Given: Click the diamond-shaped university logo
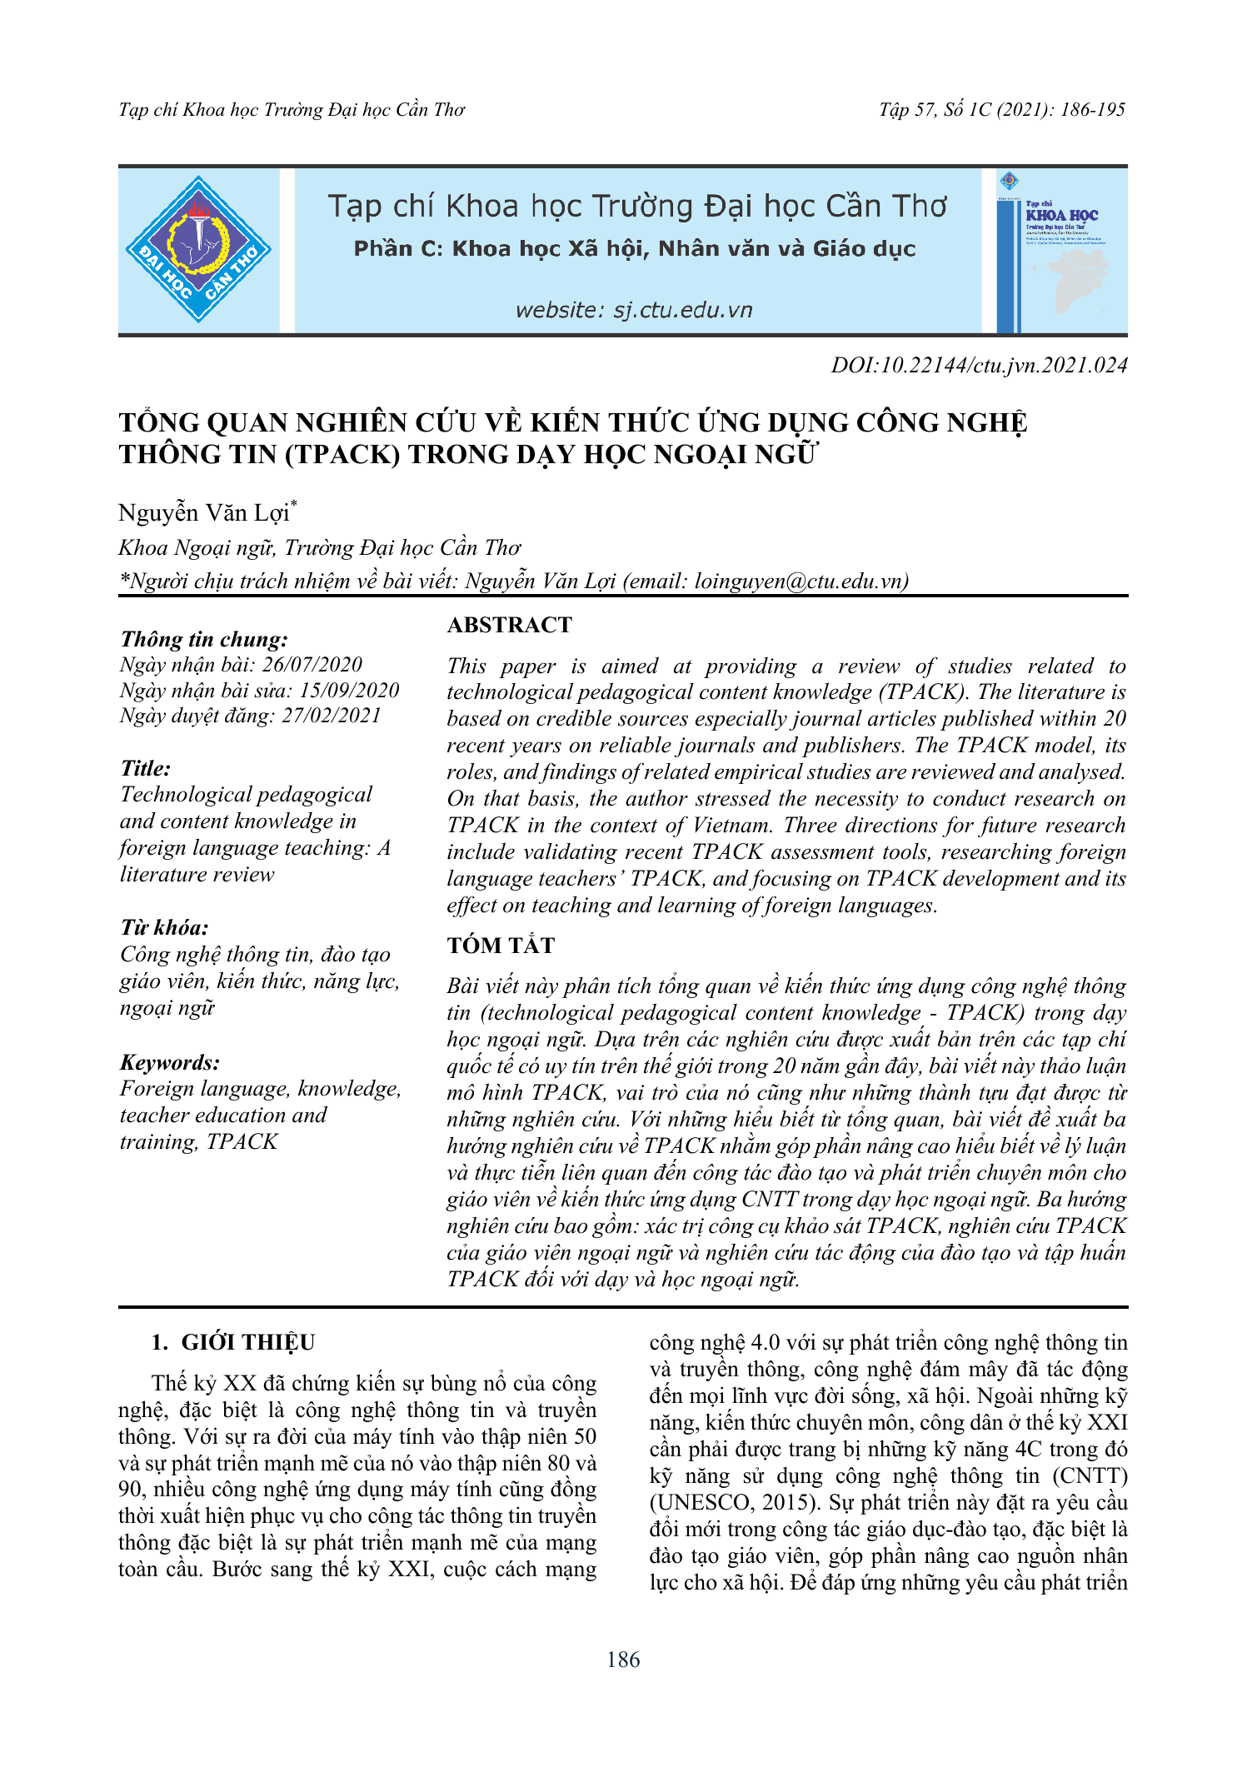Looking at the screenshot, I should (x=198, y=250).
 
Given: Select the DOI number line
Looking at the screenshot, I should (x=979, y=366).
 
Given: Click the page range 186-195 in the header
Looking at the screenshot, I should (x=1092, y=110).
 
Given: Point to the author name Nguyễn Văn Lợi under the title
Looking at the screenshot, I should (x=204, y=513).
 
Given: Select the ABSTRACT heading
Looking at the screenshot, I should (x=510, y=626).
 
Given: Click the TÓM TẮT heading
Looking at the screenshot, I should (x=501, y=946).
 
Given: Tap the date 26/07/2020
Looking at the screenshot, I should (x=312, y=665).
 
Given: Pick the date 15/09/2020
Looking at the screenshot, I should (x=349, y=691).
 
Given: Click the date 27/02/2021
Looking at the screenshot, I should (x=331, y=716).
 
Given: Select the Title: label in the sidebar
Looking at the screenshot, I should (x=146, y=768).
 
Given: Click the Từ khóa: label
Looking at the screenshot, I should (x=164, y=928).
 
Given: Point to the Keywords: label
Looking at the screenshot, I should (x=170, y=1062).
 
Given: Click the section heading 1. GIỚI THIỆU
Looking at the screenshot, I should (x=233, y=1343).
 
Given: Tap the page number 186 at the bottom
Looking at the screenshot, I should (x=623, y=1660).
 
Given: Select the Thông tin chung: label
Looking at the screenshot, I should (x=204, y=639).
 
